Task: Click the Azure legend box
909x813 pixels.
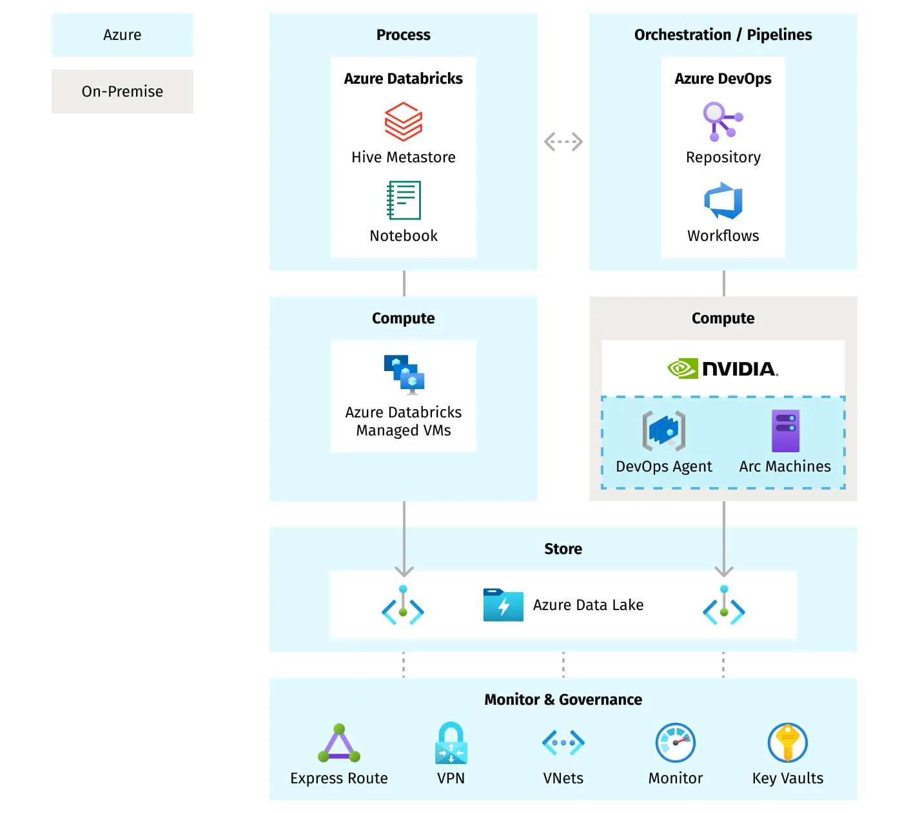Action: click(x=122, y=35)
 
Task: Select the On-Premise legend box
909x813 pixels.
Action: click(x=122, y=91)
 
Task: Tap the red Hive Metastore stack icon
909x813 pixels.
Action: click(x=403, y=122)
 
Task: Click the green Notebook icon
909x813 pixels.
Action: click(x=404, y=200)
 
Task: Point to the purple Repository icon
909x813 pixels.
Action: click(x=722, y=121)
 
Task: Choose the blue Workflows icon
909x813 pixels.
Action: click(x=723, y=200)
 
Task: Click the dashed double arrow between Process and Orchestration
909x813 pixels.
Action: click(x=563, y=142)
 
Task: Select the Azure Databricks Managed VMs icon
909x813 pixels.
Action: click(x=404, y=374)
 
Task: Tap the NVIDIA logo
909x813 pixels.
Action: click(x=723, y=368)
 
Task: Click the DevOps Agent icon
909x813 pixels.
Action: click(x=663, y=431)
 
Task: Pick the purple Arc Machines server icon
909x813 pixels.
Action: click(x=785, y=431)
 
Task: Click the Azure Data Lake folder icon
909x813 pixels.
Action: click(x=503, y=605)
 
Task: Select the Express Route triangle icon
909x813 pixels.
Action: click(x=339, y=743)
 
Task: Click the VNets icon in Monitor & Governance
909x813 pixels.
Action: click(x=563, y=743)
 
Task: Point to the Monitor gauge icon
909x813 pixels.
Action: click(x=675, y=743)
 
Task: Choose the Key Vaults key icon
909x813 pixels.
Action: click(x=787, y=743)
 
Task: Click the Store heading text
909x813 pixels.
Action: click(x=563, y=549)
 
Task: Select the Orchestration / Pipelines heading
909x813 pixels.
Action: click(x=723, y=35)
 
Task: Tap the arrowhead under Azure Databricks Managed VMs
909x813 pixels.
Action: click(x=404, y=571)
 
